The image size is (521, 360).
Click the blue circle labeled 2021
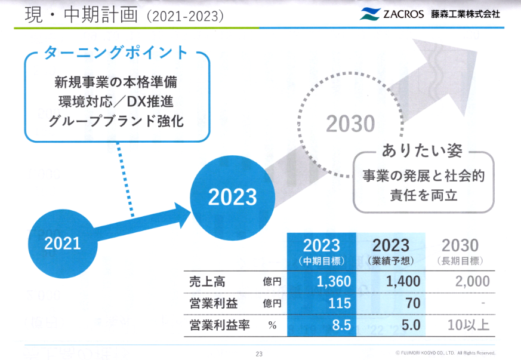point(63,244)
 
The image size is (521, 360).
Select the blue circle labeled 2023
point(233,198)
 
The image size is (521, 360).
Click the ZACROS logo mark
point(369,14)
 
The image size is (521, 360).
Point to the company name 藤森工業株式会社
point(465,14)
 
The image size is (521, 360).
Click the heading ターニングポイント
point(116,53)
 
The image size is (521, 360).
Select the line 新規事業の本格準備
point(116,82)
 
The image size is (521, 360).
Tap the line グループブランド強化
point(116,121)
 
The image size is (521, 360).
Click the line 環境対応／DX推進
point(116,101)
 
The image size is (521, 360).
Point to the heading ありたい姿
point(422,150)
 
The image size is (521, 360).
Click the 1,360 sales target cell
point(334,282)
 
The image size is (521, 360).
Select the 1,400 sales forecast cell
point(403,282)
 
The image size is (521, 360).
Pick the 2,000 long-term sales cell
point(473,282)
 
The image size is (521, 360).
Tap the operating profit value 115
point(340,303)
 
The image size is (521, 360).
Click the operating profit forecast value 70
point(413,303)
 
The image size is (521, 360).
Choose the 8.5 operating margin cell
point(341,325)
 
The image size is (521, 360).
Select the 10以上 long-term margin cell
point(468,325)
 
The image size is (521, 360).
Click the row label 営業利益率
point(220,325)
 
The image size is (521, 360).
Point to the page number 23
point(259,354)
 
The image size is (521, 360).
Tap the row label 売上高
point(207,282)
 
